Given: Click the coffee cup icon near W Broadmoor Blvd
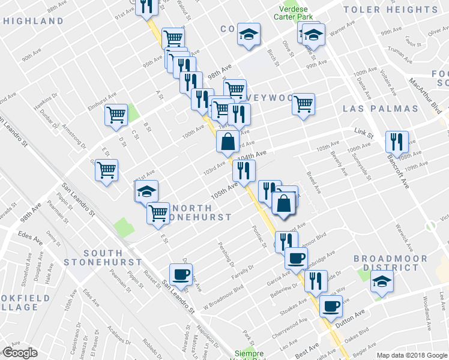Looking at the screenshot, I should (180, 275).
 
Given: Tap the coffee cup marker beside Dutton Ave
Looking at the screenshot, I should (330, 307).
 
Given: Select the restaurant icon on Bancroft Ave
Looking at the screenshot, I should (397, 142).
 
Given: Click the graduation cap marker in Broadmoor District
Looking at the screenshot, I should (381, 281).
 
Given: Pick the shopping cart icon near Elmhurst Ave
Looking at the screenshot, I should (115, 115).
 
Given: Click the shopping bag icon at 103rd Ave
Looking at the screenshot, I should (228, 143).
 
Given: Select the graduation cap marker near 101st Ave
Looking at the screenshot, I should (146, 191).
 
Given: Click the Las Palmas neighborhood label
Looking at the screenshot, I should (380, 109).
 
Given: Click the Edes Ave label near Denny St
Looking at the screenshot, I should (30, 238).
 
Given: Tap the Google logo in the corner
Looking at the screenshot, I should (20, 352).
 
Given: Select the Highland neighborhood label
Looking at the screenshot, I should (33, 21).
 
